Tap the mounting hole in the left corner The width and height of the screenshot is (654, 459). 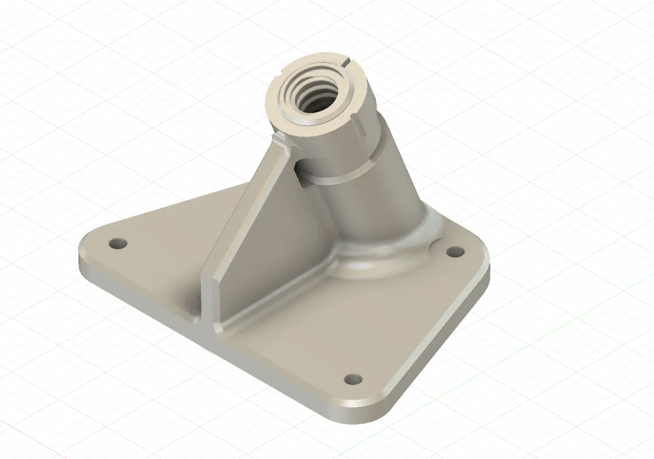coord(118,243)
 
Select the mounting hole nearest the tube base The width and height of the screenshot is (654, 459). coord(454,252)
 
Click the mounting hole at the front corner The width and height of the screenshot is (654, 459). coord(353,379)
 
